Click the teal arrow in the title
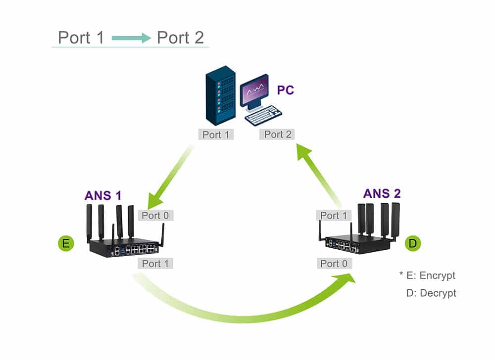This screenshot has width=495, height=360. [x=131, y=38]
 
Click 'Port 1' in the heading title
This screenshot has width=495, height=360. [x=81, y=38]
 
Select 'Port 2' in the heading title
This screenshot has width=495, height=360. [x=180, y=38]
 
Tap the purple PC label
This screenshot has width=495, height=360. [x=285, y=90]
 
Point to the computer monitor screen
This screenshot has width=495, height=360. [x=254, y=90]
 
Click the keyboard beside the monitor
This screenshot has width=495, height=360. [x=263, y=115]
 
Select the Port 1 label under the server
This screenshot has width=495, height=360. [x=215, y=135]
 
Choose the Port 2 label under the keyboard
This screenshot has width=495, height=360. [x=278, y=135]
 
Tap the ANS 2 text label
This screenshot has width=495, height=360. [x=382, y=193]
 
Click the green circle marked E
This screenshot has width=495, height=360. [x=65, y=243]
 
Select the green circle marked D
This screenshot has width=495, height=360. [x=413, y=243]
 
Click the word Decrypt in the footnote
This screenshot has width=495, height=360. [x=438, y=293]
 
